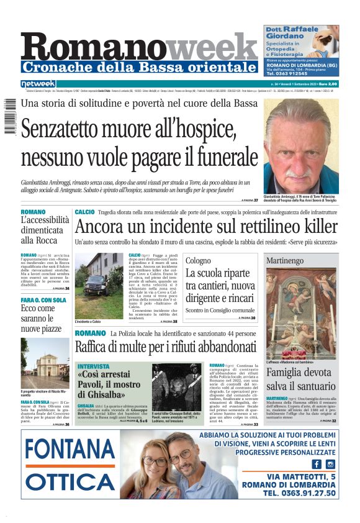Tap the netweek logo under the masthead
(38, 84)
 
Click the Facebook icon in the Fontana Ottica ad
(317, 464)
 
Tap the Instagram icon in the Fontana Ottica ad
(330, 464)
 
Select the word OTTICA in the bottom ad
(70, 481)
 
